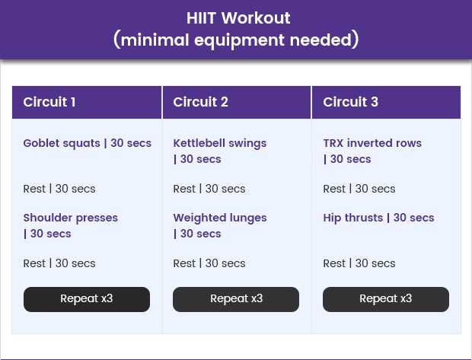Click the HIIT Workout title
point(238,18)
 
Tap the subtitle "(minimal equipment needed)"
point(236,40)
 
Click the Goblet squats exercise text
point(88,143)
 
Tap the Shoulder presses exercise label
point(71,226)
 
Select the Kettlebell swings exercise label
point(220,151)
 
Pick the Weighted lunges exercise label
point(220,226)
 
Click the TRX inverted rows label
point(372,151)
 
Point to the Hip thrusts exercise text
point(378,218)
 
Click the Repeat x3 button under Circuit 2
point(236,299)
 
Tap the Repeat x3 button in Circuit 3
point(386,299)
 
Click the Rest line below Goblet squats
point(59,189)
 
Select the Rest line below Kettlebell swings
point(209,189)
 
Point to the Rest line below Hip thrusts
point(359,263)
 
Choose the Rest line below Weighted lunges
point(209,263)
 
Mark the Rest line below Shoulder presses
point(59,263)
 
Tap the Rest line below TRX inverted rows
point(359,189)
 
